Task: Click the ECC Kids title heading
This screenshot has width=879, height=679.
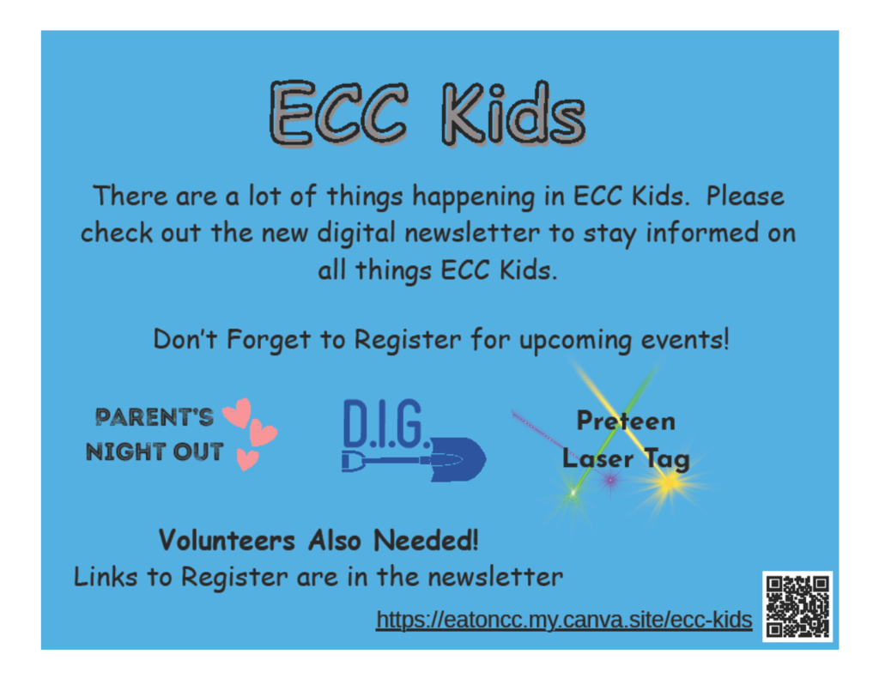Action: tap(427, 114)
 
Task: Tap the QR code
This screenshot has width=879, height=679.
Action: tap(797, 607)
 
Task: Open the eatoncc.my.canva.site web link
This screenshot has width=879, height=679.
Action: tap(564, 620)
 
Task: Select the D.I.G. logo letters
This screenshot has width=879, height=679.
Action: tap(386, 424)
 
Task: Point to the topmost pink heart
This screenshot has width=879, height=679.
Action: tap(238, 413)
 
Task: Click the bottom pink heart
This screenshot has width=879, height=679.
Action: tap(246, 459)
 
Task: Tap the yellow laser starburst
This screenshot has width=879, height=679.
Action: tap(669, 482)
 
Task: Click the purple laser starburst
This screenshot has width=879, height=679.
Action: tap(610, 480)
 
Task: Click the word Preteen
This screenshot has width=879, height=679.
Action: tap(626, 421)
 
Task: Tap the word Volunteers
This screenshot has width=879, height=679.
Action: tap(227, 541)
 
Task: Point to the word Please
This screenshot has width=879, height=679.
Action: tap(745, 197)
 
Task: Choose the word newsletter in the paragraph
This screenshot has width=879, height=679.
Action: tap(472, 233)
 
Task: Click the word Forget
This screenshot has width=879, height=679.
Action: tap(268, 340)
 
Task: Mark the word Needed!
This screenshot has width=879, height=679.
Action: tap(426, 541)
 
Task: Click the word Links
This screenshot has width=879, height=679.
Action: tap(106, 577)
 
